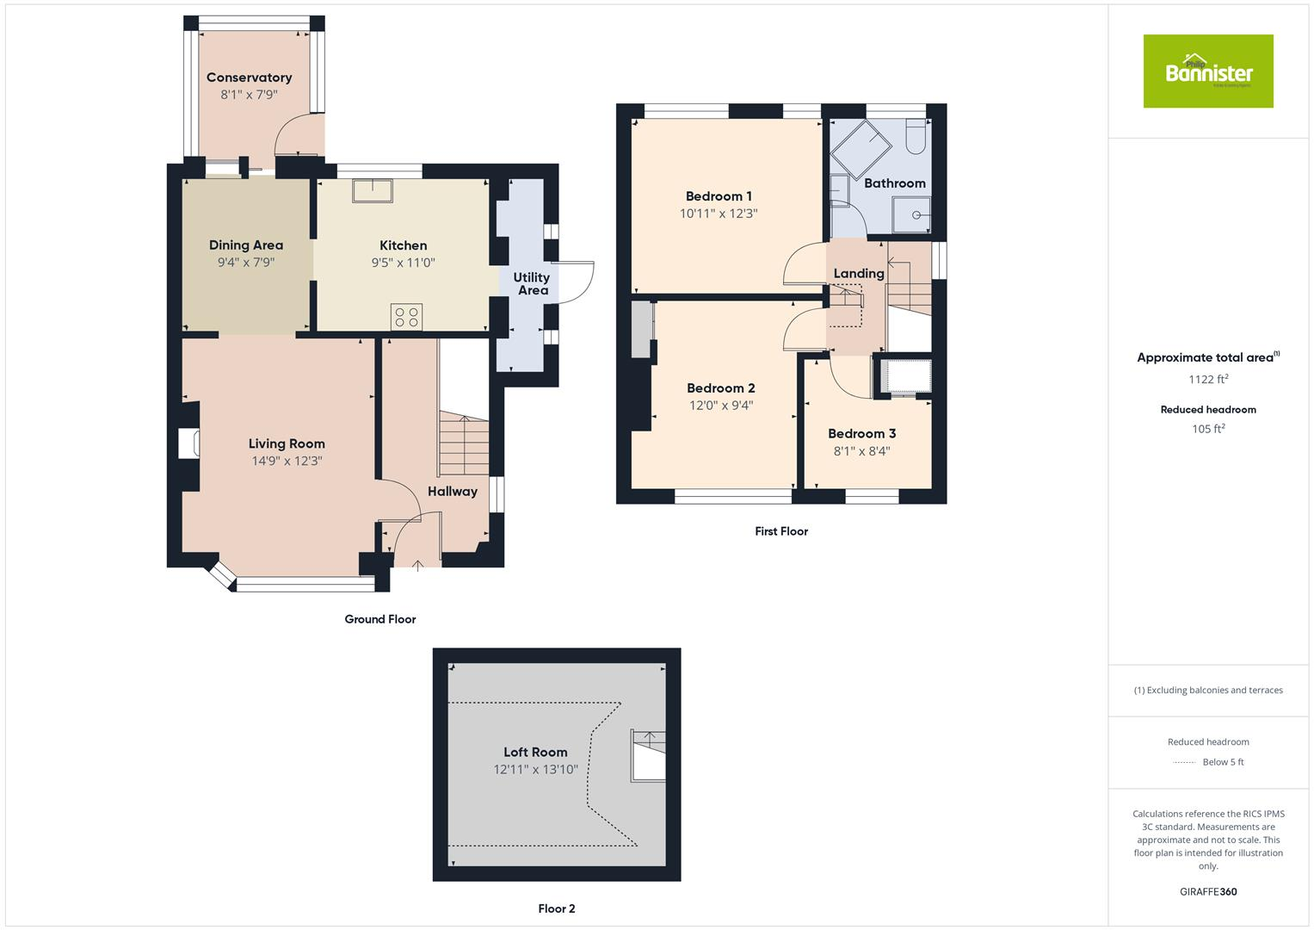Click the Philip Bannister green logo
pyautogui.click(x=1207, y=71)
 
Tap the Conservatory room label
pyautogui.click(x=249, y=77)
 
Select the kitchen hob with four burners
pyautogui.click(x=406, y=317)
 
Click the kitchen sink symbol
pyautogui.click(x=372, y=189)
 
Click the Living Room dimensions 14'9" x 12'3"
pyautogui.click(x=287, y=461)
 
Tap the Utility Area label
pyautogui.click(x=532, y=283)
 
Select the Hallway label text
pyautogui.click(x=452, y=492)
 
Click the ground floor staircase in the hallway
pyautogui.click(x=464, y=443)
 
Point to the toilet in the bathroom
pyautogui.click(x=915, y=136)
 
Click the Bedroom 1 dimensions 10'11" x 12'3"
pyautogui.click(x=719, y=214)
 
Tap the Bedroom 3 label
pyautogui.click(x=861, y=434)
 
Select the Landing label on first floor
pyautogui.click(x=858, y=274)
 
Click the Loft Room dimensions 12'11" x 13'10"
pyautogui.click(x=535, y=770)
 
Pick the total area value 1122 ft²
pyautogui.click(x=1207, y=379)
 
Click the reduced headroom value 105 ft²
pyautogui.click(x=1207, y=429)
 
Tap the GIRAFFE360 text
pyautogui.click(x=1207, y=891)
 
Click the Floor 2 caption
pyautogui.click(x=556, y=908)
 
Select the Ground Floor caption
pyautogui.click(x=379, y=619)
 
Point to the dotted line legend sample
pyautogui.click(x=1184, y=762)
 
